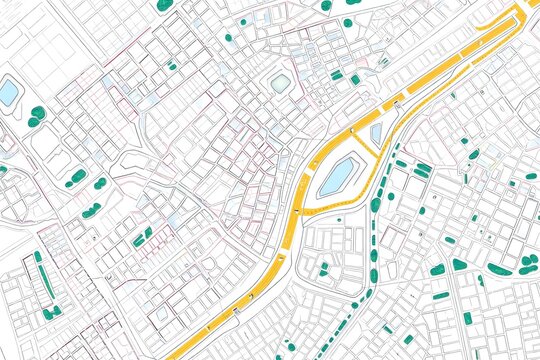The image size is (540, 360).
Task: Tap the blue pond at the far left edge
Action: pyautogui.click(x=9, y=94)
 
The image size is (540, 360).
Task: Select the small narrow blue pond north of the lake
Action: pyautogui.click(x=376, y=134)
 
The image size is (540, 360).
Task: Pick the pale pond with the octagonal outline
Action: pyautogui.click(x=281, y=82)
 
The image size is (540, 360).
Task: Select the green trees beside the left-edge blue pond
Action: pyautogui.click(x=36, y=116)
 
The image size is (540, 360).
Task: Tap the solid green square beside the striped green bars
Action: pyautogui.click(x=355, y=80)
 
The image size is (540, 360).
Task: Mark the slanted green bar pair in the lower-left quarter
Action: pyautogui.click(x=143, y=236)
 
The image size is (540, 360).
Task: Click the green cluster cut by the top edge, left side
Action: pyautogui.click(x=163, y=4)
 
